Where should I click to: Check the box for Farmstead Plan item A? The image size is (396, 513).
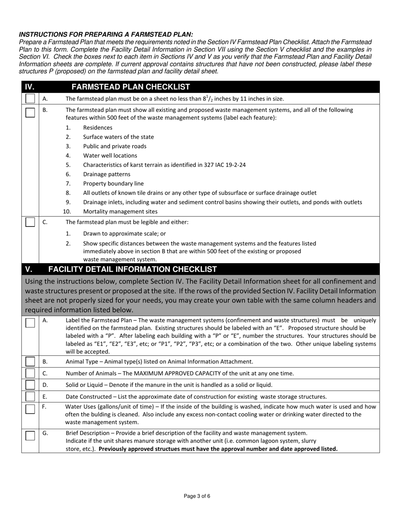pyautogui.click(x=30, y=99)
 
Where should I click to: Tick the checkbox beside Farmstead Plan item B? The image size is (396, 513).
pyautogui.click(x=30, y=113)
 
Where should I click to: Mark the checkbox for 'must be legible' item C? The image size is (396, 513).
pyautogui.click(x=30, y=222)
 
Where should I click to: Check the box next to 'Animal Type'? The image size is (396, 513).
pyautogui.click(x=30, y=362)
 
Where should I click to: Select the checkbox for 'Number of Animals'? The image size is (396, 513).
pyautogui.click(x=30, y=373)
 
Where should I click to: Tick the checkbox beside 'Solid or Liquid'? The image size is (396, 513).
pyautogui.click(x=30, y=385)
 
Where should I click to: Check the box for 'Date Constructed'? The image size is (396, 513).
pyautogui.click(x=30, y=396)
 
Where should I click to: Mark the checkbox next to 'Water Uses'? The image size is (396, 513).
pyautogui.click(x=30, y=409)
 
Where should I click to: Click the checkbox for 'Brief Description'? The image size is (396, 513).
pyautogui.click(x=30, y=435)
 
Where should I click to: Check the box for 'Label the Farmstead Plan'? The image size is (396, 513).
pyautogui.click(x=30, y=323)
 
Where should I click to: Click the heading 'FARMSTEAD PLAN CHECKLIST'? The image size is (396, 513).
pyautogui.click(x=131, y=87)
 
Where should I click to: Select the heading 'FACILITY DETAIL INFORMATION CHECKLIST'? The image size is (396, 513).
pyautogui.click(x=133, y=269)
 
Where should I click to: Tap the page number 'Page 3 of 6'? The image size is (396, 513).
pyautogui.click(x=197, y=496)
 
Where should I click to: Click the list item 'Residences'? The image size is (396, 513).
pyautogui.click(x=98, y=128)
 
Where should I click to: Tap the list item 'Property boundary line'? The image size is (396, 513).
pyautogui.click(x=110, y=184)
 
